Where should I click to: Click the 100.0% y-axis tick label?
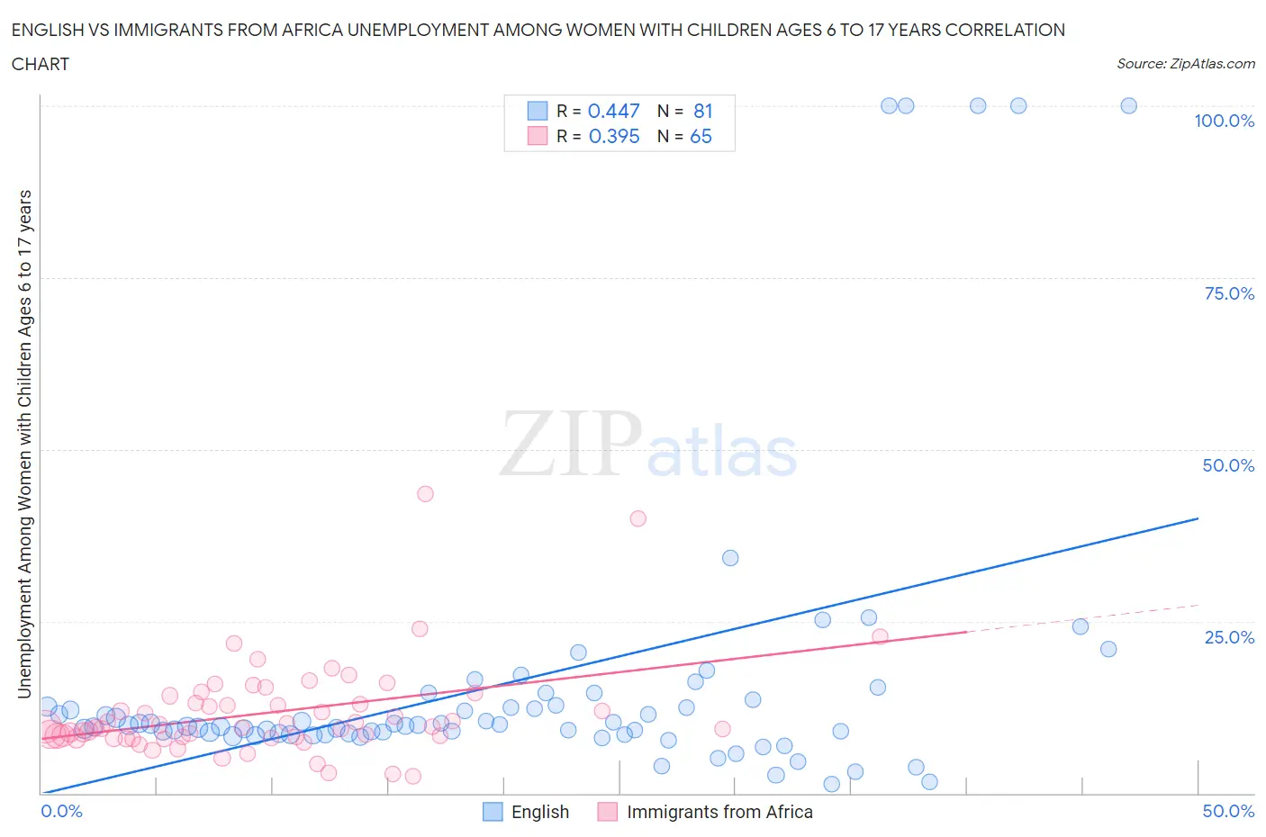coord(1224,121)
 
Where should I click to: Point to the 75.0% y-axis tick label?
coord(1229,293)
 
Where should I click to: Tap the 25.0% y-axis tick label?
coord(1229,637)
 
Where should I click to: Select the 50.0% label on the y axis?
coord(1228,465)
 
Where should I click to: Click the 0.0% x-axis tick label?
coord(61,811)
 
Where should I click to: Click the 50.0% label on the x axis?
coord(1228,811)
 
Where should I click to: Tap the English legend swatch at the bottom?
coord(493,812)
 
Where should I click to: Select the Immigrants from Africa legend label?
coord(719,812)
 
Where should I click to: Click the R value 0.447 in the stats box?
coord(613,111)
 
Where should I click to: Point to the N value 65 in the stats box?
coord(701,136)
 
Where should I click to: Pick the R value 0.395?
coord(614,136)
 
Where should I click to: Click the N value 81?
coord(702,111)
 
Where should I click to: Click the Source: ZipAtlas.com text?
coord(1185,63)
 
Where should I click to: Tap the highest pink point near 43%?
coord(425,493)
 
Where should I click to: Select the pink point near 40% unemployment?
coord(638,518)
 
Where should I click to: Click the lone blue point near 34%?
coord(730,558)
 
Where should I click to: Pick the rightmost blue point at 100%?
coord(1128,105)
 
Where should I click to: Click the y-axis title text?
coord(25,444)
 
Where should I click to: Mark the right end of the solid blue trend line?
coord(1198,518)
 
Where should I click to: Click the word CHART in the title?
coord(41,64)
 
